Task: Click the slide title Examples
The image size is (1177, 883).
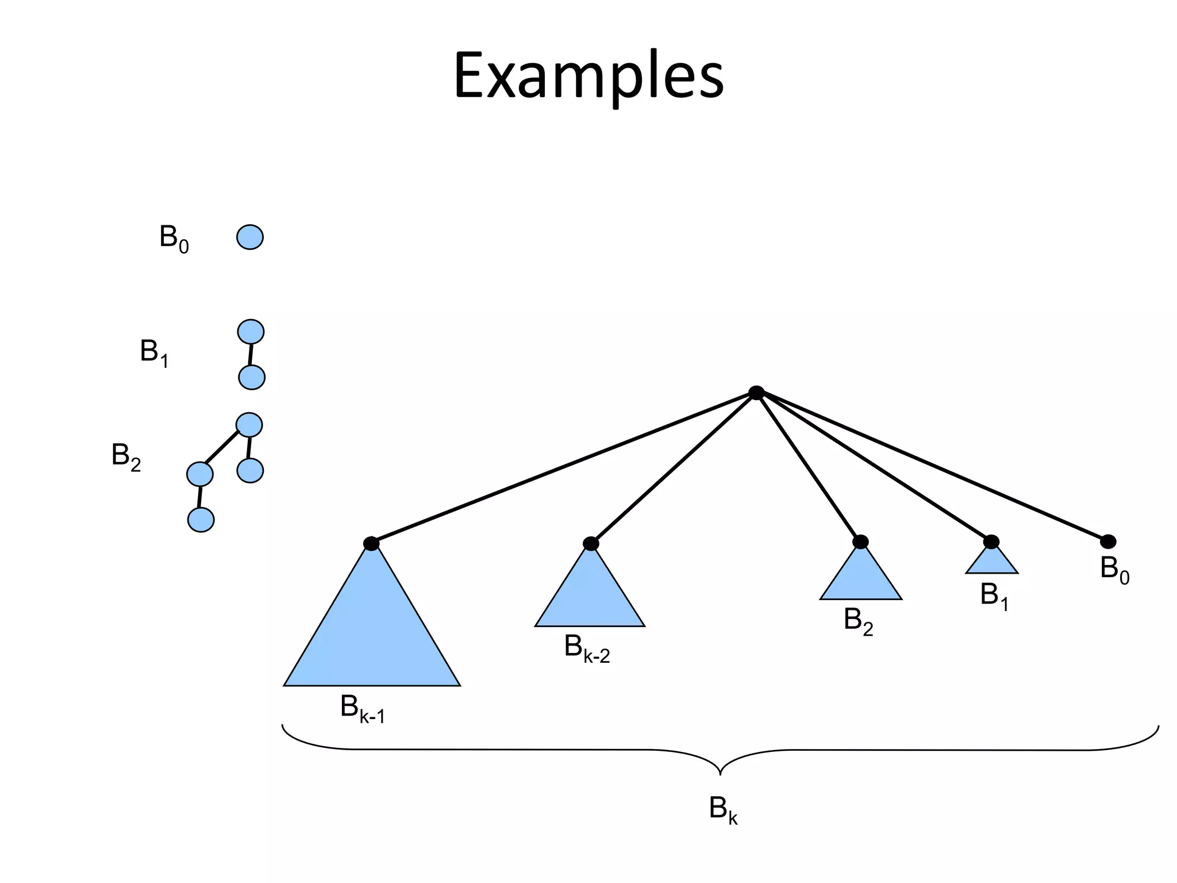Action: click(x=588, y=76)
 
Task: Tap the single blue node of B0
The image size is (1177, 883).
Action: click(x=250, y=237)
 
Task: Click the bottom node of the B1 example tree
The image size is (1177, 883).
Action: click(x=252, y=378)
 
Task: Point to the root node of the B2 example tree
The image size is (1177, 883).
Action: click(x=249, y=425)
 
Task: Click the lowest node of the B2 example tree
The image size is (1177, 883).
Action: click(x=201, y=520)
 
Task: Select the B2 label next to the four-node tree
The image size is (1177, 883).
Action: click(x=126, y=456)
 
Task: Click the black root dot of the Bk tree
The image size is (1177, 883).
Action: click(x=756, y=393)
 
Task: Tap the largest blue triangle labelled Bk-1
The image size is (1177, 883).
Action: click(x=372, y=632)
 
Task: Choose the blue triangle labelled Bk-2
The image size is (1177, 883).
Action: click(x=590, y=598)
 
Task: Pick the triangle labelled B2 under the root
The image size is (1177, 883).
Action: click(x=860, y=578)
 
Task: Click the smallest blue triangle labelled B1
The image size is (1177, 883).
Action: click(x=992, y=562)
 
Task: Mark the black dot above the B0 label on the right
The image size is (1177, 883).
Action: click(x=1108, y=542)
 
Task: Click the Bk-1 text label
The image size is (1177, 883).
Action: click(x=362, y=709)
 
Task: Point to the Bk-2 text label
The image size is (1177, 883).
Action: click(x=587, y=648)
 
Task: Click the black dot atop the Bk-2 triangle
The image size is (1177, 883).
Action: click(x=591, y=543)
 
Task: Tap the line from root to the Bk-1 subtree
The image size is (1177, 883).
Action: click(x=563, y=468)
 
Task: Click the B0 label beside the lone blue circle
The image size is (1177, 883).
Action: click(x=174, y=238)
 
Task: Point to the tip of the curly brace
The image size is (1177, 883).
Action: click(x=720, y=773)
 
